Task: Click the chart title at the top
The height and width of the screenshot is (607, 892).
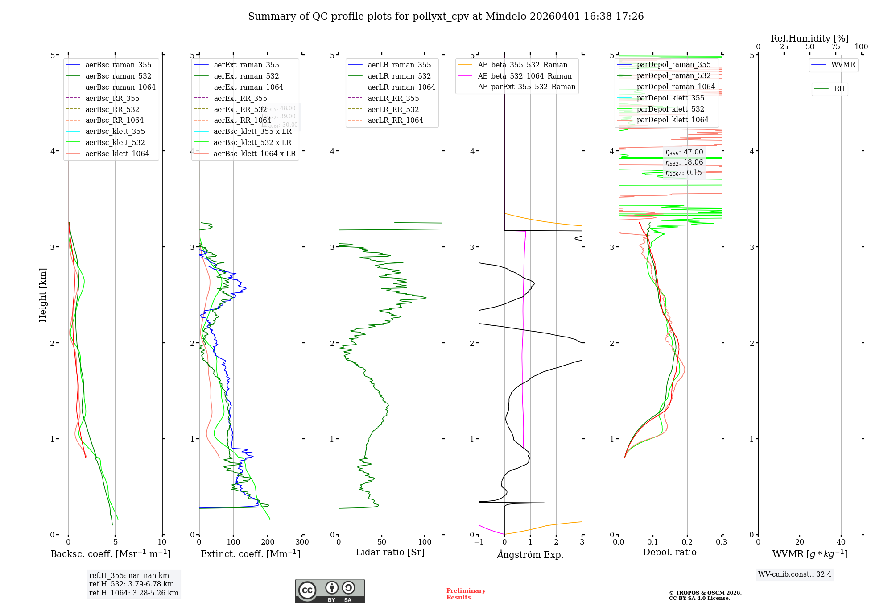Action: (446, 17)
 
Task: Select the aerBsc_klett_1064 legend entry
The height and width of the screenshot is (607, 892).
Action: (117, 154)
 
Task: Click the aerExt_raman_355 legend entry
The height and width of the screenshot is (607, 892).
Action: (246, 65)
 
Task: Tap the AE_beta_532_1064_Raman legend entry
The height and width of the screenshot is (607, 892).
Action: (524, 76)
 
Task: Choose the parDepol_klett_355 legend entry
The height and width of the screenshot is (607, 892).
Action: (670, 98)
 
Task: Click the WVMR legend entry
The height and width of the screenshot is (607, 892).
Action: (843, 65)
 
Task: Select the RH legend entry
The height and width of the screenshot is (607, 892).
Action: (839, 89)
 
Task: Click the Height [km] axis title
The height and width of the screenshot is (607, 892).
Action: (43, 295)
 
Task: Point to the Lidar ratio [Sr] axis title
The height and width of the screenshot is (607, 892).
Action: (390, 552)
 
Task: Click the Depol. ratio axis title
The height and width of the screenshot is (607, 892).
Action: (669, 552)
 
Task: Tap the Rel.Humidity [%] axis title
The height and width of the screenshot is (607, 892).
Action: (809, 38)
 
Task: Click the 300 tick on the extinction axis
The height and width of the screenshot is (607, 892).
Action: (302, 542)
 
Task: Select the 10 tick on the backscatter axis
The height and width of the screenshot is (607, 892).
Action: (162, 542)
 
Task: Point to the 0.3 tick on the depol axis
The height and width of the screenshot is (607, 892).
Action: (721, 542)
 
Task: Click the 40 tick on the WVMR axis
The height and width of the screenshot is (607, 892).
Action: (841, 542)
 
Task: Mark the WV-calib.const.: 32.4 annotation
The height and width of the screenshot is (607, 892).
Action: (795, 574)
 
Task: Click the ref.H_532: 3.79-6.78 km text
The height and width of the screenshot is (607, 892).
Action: (132, 584)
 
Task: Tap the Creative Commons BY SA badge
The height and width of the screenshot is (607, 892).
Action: (330, 591)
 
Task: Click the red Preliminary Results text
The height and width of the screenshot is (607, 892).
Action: (466, 594)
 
